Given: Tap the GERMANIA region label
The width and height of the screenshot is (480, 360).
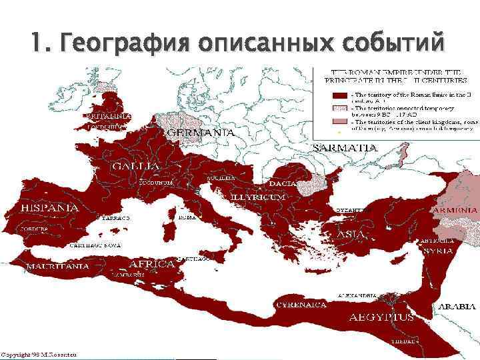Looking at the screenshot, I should pyautogui.click(x=200, y=133).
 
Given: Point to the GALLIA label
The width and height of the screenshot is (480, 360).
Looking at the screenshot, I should pyautogui.click(x=135, y=165).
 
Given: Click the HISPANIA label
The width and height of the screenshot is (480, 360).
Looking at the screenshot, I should pyautogui.click(x=50, y=208).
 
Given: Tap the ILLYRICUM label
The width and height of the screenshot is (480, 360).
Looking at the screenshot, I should pyautogui.click(x=258, y=198).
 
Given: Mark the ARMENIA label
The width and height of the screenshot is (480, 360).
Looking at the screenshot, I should pyautogui.click(x=455, y=209).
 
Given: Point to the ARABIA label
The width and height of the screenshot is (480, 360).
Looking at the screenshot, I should pyautogui.click(x=457, y=307).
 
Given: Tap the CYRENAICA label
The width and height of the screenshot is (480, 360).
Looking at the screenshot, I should pyautogui.click(x=301, y=305).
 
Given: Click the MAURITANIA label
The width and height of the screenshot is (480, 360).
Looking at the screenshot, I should pyautogui.click(x=57, y=266).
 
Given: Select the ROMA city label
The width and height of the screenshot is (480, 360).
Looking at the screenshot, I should pyautogui.click(x=187, y=217).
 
